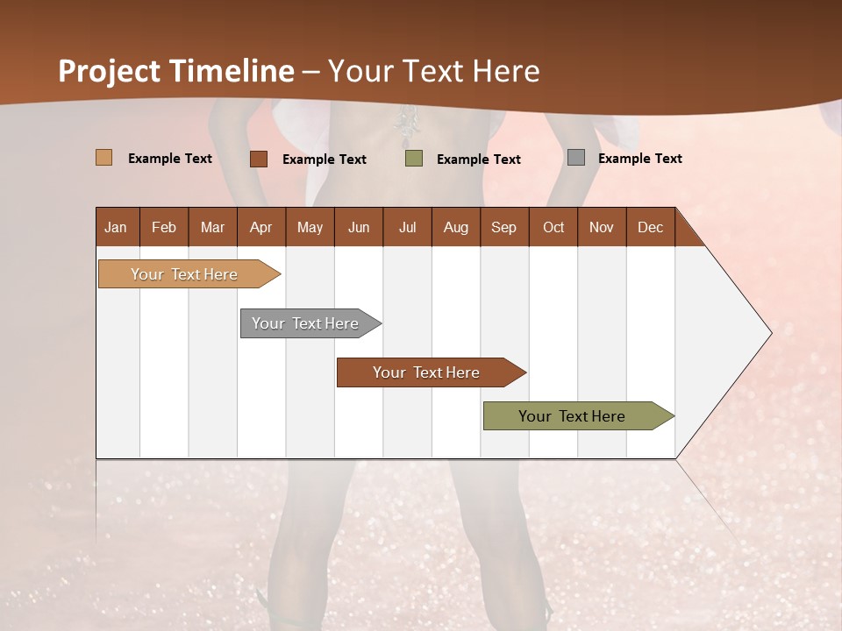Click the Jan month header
coord(116,227)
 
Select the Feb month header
coord(164,227)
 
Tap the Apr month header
coord(260,227)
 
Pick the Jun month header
coord(359,227)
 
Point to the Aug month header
coord(455,227)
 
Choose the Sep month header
coord(503,227)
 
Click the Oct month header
coord(553,227)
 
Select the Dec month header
coord(650,227)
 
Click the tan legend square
coord(104,158)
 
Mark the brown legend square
coord(259,159)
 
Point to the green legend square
coord(414,159)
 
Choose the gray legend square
coord(576,158)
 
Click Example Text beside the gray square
coord(639,158)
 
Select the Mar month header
coord(212,227)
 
